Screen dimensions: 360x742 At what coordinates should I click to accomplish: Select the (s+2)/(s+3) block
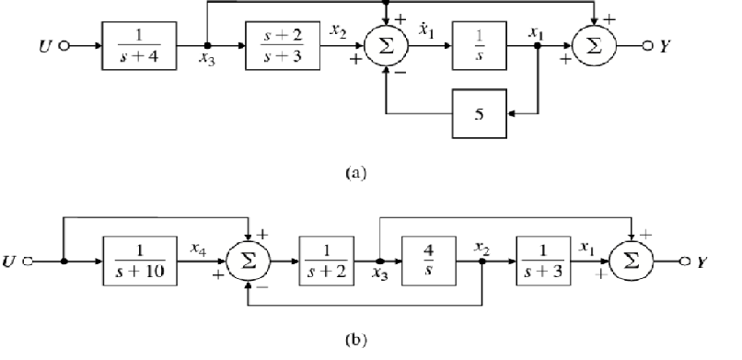pyautogui.click(x=282, y=42)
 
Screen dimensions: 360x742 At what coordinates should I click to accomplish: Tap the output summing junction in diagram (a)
pyautogui.click(x=596, y=42)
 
